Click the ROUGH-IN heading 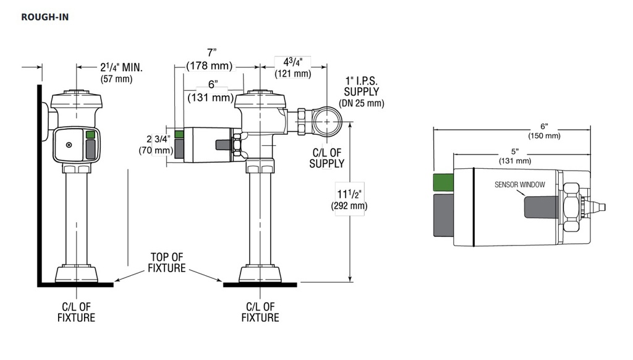pyautogui.click(x=45, y=17)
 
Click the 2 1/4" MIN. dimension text pyautogui.click(x=122, y=67)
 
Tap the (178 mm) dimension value pyautogui.click(x=209, y=66)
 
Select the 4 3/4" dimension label pyautogui.click(x=292, y=62)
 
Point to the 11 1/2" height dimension pyautogui.click(x=349, y=194)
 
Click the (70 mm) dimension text pyautogui.click(x=156, y=151)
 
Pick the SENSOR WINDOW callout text pyautogui.click(x=519, y=185)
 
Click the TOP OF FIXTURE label pyautogui.click(x=167, y=263)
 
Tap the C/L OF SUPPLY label pyautogui.click(x=327, y=158)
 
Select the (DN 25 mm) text pyautogui.click(x=361, y=103)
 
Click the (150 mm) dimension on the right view pyautogui.click(x=544, y=135)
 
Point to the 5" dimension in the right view pyautogui.click(x=515, y=152)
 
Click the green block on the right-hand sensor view pyautogui.click(x=443, y=182)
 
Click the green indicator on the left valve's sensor pyautogui.click(x=90, y=135)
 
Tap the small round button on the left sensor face pyautogui.click(x=69, y=145)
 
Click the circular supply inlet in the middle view pyautogui.click(x=326, y=121)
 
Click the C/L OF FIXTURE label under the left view pyautogui.click(x=76, y=312)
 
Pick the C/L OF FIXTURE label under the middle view pyautogui.click(x=260, y=312)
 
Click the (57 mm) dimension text pyautogui.click(x=116, y=79)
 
